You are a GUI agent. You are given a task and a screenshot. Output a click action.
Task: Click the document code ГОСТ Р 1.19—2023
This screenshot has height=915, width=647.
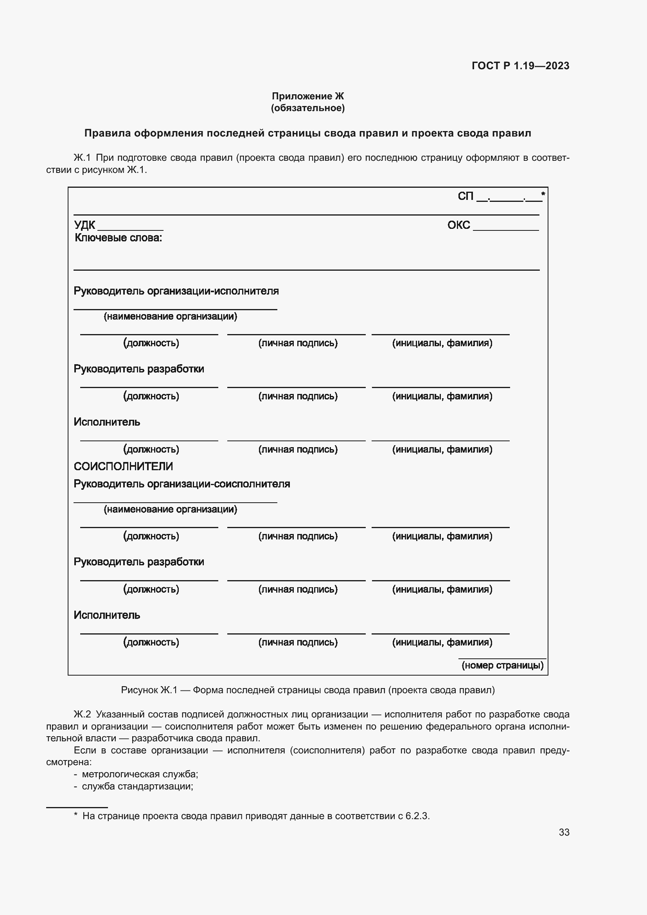coord(520,66)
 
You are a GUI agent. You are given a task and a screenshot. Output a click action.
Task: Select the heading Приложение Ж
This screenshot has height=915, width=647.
coord(307,96)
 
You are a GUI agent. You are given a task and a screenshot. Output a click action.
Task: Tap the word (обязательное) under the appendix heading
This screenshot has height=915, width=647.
coord(307,108)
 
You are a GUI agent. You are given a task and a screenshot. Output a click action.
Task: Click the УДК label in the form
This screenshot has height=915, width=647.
coord(84,225)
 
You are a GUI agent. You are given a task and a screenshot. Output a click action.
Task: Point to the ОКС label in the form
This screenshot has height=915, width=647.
coord(458,225)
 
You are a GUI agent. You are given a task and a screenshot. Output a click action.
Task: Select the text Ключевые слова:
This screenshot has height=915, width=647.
coord(118,238)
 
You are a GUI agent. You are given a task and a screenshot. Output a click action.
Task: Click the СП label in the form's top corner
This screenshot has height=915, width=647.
coord(465,196)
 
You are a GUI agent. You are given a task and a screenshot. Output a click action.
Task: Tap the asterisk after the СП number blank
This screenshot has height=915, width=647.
coord(543,194)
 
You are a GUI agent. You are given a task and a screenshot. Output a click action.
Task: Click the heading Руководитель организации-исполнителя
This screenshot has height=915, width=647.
coord(176,291)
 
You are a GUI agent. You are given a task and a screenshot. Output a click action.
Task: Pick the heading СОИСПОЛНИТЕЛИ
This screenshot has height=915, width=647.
coord(123,466)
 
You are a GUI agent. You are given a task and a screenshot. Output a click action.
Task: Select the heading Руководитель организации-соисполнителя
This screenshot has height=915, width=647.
coord(182,484)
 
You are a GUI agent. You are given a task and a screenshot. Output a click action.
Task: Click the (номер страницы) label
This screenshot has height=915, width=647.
coord(502,665)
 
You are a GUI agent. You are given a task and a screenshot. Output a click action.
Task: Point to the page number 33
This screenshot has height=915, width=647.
coord(564,832)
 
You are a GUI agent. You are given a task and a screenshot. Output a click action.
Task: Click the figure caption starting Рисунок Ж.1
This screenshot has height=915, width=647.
coord(307,690)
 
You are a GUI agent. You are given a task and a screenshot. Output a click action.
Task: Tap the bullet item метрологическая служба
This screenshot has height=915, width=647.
coord(140,774)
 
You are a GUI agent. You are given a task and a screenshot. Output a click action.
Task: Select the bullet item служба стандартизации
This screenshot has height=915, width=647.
coord(137,786)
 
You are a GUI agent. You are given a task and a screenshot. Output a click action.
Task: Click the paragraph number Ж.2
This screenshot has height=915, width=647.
coord(83,714)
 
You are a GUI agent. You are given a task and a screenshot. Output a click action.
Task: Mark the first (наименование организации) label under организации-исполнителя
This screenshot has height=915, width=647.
coord(170,316)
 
